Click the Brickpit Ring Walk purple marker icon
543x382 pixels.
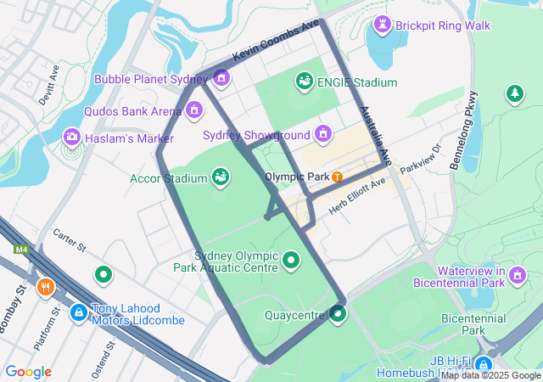click(x=381, y=25)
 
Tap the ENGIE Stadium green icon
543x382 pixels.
click(x=303, y=81)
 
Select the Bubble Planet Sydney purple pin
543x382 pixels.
click(x=221, y=78)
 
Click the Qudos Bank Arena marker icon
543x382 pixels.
click(x=194, y=110)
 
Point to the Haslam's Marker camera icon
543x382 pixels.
click(x=72, y=136)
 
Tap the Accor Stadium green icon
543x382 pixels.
click(x=221, y=177)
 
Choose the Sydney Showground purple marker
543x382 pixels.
click(x=322, y=133)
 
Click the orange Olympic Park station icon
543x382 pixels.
click(x=338, y=177)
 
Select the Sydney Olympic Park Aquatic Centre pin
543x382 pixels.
click(x=291, y=260)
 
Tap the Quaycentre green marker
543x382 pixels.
click(x=338, y=315)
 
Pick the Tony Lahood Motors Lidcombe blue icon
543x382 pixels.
click(x=78, y=313)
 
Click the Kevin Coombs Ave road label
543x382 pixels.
click(x=276, y=40)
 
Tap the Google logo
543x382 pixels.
click(x=29, y=372)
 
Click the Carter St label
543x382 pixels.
click(x=70, y=241)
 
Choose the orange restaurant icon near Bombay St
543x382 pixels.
click(x=46, y=287)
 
